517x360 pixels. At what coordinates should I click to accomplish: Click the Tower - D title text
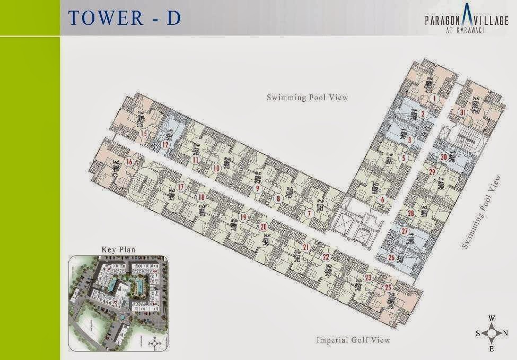pos(125,17)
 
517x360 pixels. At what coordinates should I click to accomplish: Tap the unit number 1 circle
pos(434,98)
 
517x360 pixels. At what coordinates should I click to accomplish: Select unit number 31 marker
pos(463,112)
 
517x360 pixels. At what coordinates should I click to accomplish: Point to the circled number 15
pos(144,134)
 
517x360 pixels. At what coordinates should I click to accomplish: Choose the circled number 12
pos(165,144)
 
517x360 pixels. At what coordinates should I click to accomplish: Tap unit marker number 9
pos(257,188)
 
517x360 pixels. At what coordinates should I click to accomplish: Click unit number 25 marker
pos(388,288)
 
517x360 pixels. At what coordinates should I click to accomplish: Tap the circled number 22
pos(326,257)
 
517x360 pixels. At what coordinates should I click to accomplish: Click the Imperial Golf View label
pos(353,339)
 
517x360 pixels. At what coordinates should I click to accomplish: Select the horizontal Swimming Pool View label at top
pos(307,98)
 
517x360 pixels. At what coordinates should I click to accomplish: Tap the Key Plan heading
pos(113,249)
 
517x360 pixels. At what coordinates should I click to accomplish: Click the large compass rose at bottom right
pos(492,333)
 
